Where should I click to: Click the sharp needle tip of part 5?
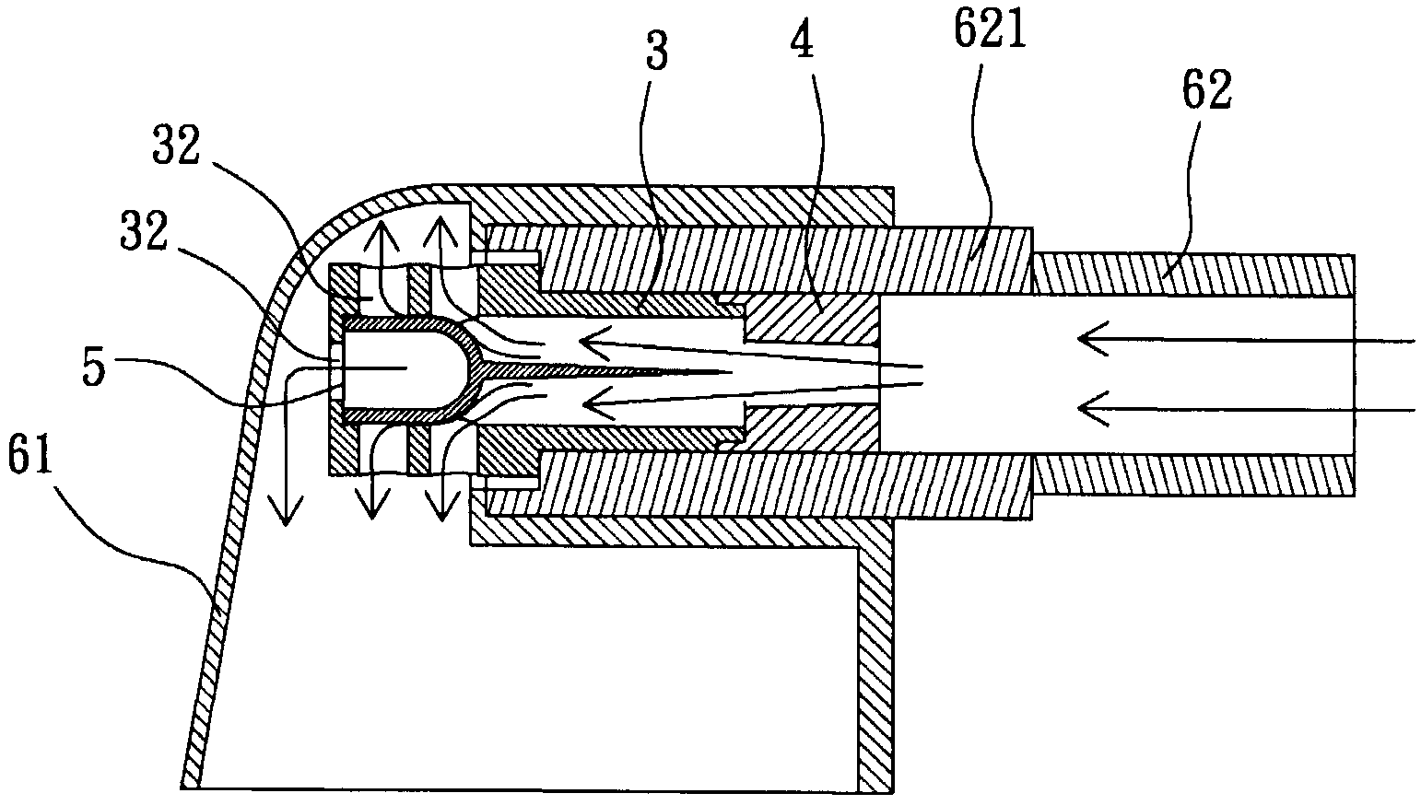[x=728, y=373]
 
